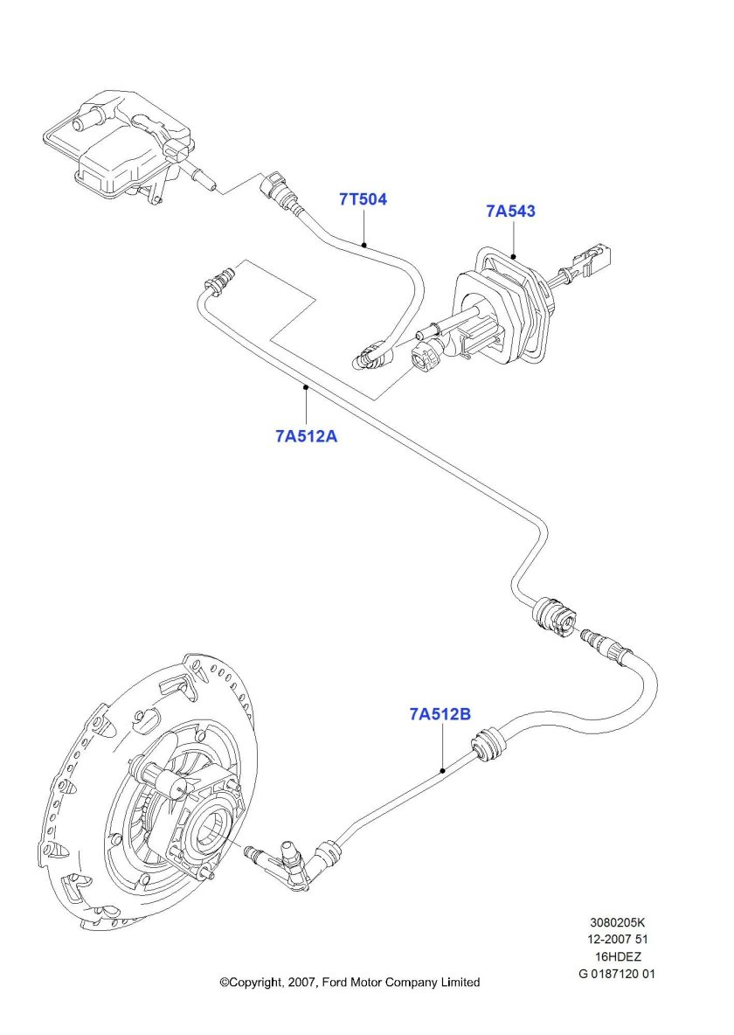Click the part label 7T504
pyautogui.click(x=363, y=199)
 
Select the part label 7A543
pyautogui.click(x=510, y=212)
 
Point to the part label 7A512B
pyautogui.click(x=440, y=714)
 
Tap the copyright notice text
pyautogui.click(x=350, y=983)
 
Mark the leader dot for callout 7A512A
pyautogui.click(x=306, y=386)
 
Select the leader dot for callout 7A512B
pyautogui.click(x=443, y=770)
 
